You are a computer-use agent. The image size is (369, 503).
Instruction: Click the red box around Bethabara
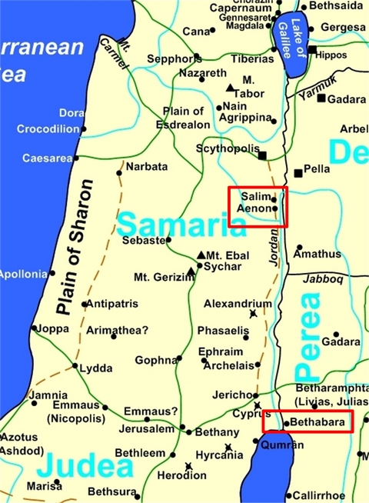pos(307,421)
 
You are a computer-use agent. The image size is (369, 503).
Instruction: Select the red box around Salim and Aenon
pos(258,206)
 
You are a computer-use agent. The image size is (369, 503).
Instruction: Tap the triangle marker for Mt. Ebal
pos(201,255)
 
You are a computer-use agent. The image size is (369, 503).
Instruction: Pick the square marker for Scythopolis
pos(262,155)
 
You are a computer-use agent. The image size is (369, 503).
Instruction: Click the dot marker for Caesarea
pos(75,158)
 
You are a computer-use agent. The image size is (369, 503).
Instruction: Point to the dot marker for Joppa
pos(34,328)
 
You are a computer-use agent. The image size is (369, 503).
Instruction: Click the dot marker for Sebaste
pos(169,240)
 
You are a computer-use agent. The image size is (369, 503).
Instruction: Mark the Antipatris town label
pos(111,304)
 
